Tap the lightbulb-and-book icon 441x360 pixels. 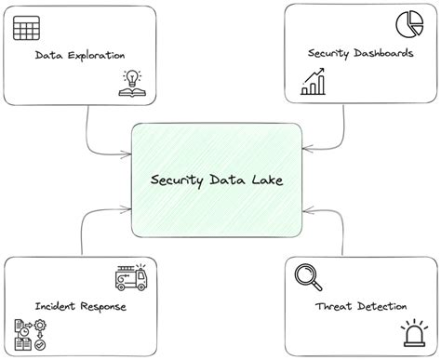coord(133,84)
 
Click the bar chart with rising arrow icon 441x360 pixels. coord(313,85)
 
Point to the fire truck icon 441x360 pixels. coord(130,276)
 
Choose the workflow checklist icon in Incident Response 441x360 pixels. coord(31,333)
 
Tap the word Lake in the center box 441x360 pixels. coord(264,180)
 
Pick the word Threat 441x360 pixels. coord(334,306)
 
